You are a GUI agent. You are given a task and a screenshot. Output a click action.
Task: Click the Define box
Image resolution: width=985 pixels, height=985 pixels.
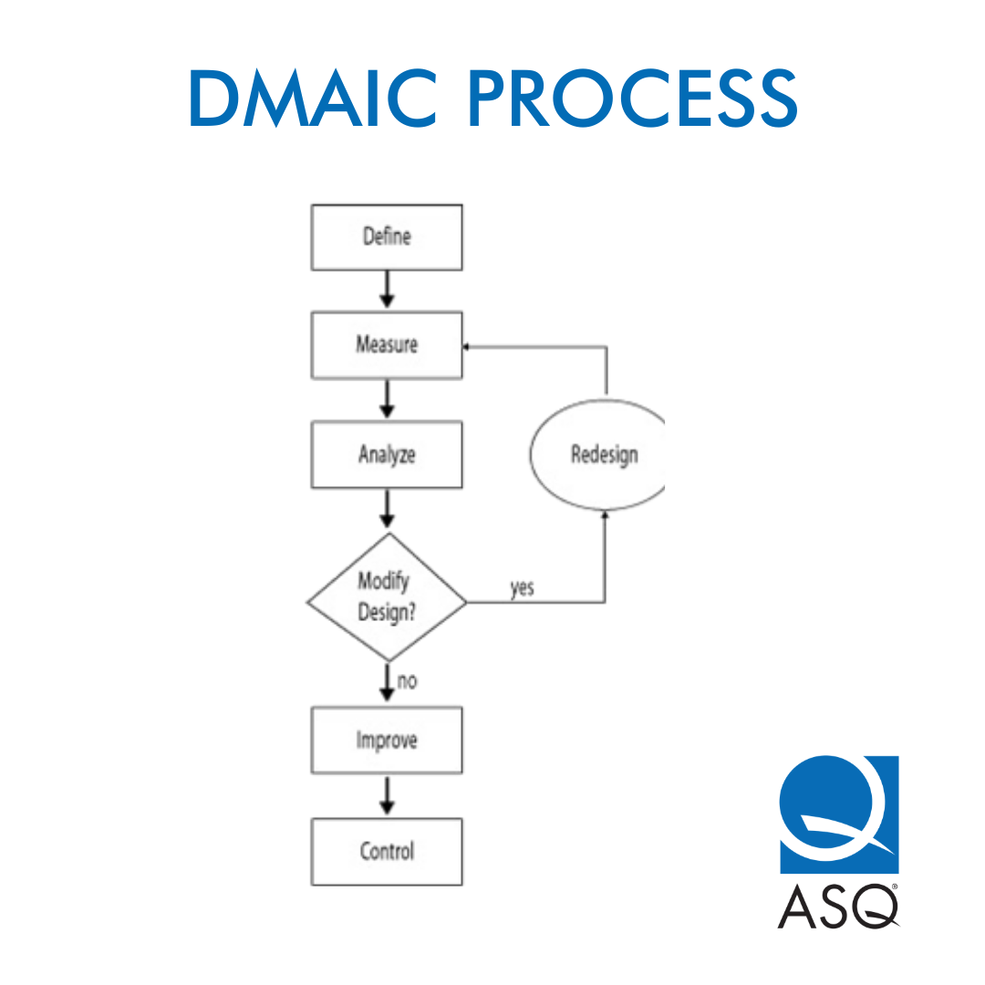[x=387, y=237]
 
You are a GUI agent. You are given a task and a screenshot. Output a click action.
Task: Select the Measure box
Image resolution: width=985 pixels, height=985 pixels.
[x=387, y=345]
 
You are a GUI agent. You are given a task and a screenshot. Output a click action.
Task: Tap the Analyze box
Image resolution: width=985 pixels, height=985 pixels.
[x=387, y=454]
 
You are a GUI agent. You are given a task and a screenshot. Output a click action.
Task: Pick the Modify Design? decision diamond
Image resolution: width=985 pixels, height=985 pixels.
[x=387, y=597]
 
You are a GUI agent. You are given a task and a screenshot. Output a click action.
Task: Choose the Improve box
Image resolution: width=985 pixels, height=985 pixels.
[x=387, y=740]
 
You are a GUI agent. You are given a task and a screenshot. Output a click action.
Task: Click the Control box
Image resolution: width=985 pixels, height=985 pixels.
[x=387, y=852]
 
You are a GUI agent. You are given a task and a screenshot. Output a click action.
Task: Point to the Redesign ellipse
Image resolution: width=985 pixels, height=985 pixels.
[x=597, y=454]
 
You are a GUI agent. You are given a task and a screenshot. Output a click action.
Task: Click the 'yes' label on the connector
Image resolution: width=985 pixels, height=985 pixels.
[x=522, y=588]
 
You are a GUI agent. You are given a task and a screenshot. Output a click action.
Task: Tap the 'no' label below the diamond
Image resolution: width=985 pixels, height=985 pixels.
[x=407, y=681]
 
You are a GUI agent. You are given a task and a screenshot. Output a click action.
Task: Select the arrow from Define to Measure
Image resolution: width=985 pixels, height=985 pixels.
[x=387, y=290]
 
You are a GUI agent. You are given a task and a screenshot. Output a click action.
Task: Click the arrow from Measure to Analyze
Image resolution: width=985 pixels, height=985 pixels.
[x=387, y=399]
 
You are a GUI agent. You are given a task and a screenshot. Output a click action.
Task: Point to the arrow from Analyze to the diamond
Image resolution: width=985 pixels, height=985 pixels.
[x=387, y=508]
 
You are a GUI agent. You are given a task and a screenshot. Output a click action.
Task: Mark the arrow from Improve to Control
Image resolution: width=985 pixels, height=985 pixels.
[x=387, y=795]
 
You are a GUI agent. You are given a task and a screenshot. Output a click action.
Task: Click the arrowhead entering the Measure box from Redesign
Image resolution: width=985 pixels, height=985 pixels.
[x=467, y=347]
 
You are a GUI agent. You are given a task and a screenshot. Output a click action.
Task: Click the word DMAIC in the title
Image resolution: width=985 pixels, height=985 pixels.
[x=313, y=98]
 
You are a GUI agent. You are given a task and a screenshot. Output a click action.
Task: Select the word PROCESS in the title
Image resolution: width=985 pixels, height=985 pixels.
[x=633, y=98]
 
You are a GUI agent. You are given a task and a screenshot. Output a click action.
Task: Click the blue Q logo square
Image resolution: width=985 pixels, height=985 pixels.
[x=839, y=814]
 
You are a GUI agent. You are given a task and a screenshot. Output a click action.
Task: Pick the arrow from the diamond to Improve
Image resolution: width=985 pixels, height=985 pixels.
[x=387, y=682]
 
